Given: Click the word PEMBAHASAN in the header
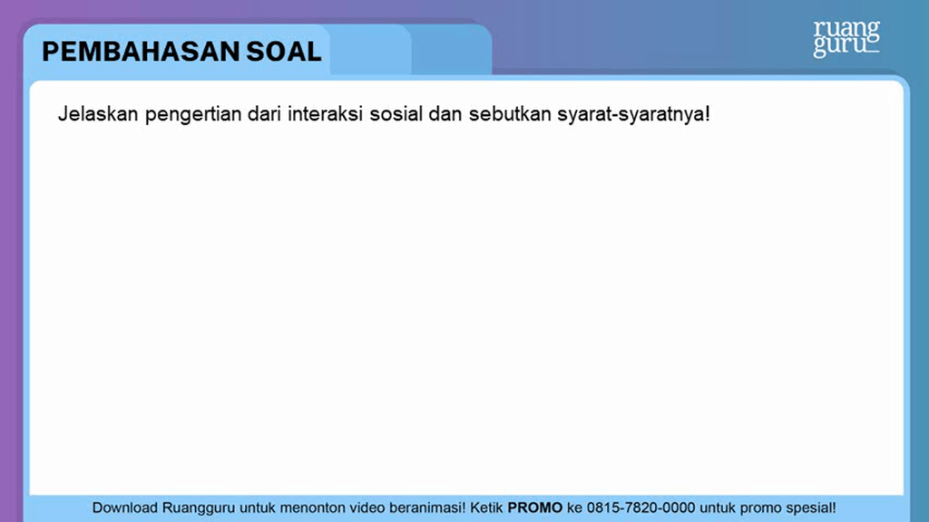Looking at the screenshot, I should pos(141,51).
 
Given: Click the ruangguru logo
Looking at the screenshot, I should pos(846,38).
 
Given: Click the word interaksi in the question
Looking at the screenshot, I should pos(328,115).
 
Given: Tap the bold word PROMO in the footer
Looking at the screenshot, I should pos(535,507).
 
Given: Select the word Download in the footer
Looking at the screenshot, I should pos(125,507).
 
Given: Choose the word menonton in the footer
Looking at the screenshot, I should pos(311,507).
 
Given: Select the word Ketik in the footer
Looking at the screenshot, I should pos(487,507).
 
